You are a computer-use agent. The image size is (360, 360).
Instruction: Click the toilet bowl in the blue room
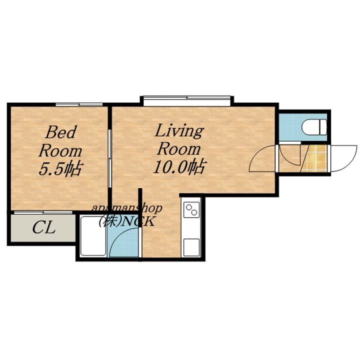point(314,127)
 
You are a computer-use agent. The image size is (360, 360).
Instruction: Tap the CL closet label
point(44,227)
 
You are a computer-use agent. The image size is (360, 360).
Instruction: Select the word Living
point(179,131)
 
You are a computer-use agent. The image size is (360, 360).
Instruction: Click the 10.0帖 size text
point(180,166)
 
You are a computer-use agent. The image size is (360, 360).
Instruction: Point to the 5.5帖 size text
point(60,168)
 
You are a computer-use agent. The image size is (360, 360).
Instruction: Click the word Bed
point(61,132)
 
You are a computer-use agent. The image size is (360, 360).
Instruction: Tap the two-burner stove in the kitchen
point(191,210)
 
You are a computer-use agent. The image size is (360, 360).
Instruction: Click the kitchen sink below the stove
point(191,247)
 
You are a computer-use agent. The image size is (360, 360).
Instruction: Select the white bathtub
point(93,236)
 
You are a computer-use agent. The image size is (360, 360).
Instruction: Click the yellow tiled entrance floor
point(315,158)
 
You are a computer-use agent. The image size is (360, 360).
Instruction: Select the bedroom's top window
point(79,104)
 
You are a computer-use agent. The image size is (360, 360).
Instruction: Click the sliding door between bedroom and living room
point(109,158)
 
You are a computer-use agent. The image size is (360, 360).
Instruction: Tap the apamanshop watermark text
point(127,208)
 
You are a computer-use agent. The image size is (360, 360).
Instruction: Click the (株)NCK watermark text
point(126,221)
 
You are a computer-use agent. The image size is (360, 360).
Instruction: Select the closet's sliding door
point(43,212)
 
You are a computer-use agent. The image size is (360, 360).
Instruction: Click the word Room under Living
point(179,149)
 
